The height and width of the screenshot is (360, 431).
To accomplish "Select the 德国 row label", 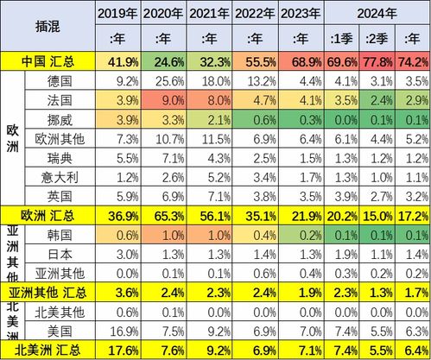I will coord(60,81).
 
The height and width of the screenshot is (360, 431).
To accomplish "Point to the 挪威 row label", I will coord(60,119).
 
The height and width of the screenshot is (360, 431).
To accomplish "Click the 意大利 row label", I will coord(60,176).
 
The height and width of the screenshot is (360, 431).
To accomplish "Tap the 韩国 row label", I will coord(60,235).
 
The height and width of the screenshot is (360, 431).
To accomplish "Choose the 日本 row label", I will coord(60,254).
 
